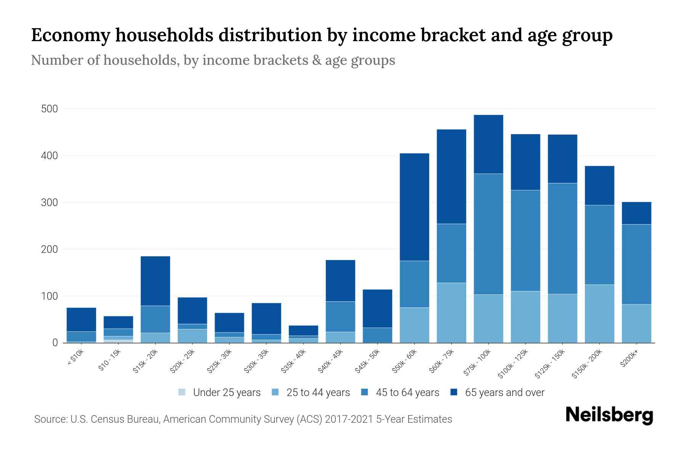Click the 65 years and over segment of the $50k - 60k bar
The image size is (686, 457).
pyautogui.click(x=414, y=207)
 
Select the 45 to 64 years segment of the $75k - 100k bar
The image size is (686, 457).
pyautogui.click(x=488, y=234)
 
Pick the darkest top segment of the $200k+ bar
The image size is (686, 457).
pyautogui.click(x=636, y=213)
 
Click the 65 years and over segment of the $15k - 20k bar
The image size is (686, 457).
pyautogui.click(x=155, y=281)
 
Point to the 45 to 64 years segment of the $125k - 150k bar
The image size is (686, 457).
pyautogui.click(x=562, y=238)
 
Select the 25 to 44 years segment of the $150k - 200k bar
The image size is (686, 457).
pyautogui.click(x=599, y=313)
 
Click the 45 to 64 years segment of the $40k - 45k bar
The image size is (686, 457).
pyautogui.click(x=340, y=316)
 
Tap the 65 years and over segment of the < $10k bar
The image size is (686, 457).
pyautogui.click(x=81, y=319)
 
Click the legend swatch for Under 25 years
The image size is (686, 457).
pyautogui.click(x=182, y=392)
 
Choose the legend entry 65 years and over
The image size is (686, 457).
pyautogui.click(x=505, y=392)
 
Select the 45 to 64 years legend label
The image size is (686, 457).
pyautogui.click(x=407, y=392)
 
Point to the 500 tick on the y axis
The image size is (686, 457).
pyautogui.click(x=49, y=109)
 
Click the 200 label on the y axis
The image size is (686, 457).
pyautogui.click(x=49, y=249)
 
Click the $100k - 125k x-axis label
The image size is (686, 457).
pyautogui.click(x=513, y=364)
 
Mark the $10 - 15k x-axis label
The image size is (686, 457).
pyautogui.click(x=109, y=360)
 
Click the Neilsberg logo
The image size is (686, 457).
pyautogui.click(x=609, y=415)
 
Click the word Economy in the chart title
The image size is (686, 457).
pyautogui.click(x=69, y=35)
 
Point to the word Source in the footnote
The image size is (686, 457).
pyautogui.click(x=51, y=419)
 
